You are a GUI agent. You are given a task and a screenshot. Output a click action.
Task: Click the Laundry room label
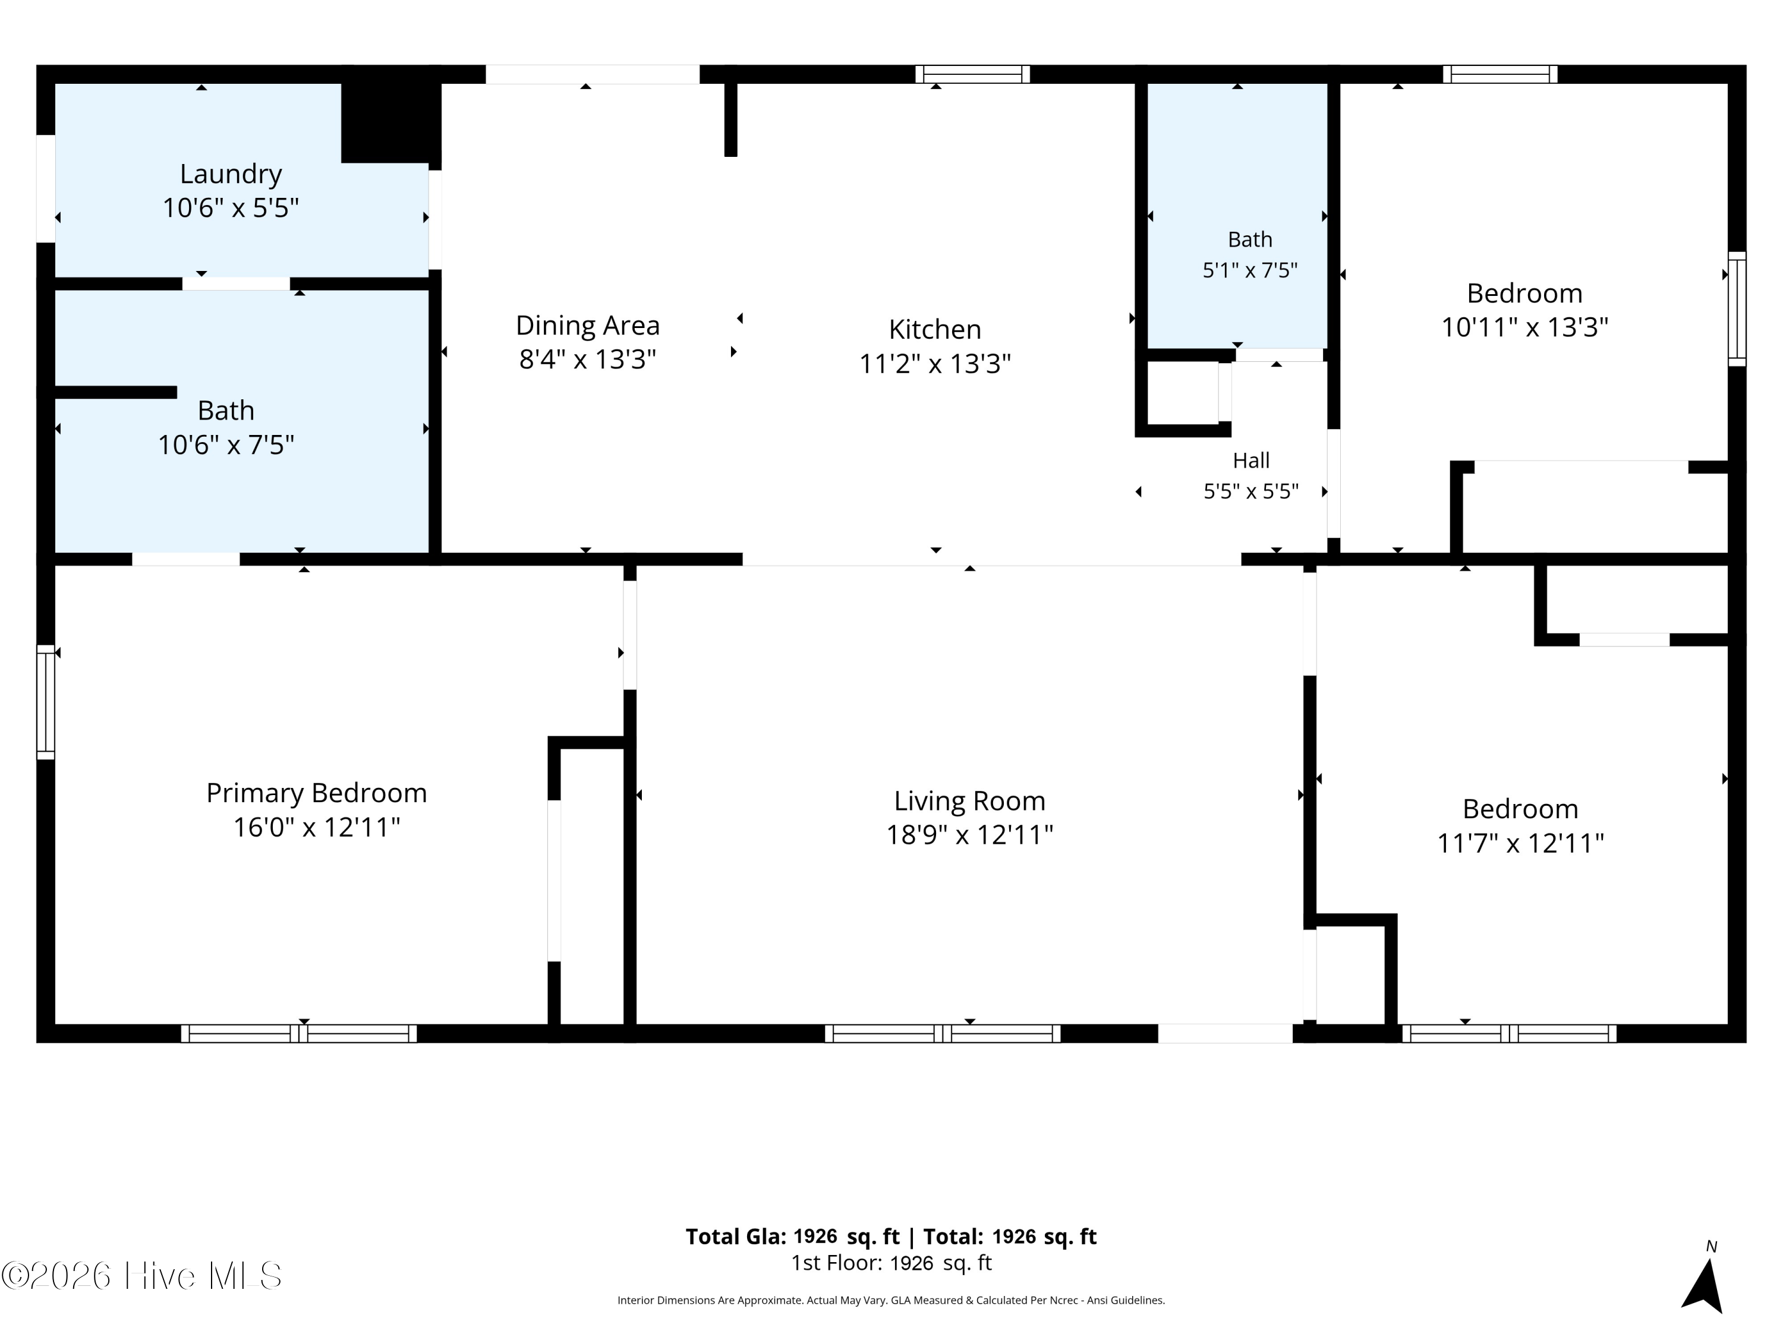(231, 174)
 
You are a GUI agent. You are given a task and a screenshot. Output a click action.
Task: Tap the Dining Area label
(588, 326)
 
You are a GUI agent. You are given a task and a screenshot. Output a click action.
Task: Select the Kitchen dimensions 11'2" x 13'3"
(935, 364)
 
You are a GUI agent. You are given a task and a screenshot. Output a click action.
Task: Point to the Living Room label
(970, 801)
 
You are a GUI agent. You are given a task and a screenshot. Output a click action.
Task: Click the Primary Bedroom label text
(317, 793)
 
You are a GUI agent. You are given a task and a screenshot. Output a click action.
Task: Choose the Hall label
(1251, 461)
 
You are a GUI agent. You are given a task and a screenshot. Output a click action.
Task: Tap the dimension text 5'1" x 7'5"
(1250, 270)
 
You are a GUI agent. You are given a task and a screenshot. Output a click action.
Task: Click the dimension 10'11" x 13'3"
(1525, 327)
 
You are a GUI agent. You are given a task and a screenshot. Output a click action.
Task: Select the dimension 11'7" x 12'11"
(1521, 843)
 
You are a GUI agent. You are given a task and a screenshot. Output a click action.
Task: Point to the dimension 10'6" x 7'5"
(226, 445)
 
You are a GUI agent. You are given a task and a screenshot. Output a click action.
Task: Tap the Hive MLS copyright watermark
(142, 1276)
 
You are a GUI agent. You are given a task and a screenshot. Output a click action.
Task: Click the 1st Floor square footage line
(892, 1263)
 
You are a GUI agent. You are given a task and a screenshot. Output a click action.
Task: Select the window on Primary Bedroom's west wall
(46, 702)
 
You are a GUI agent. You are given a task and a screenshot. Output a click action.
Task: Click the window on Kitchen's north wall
(973, 74)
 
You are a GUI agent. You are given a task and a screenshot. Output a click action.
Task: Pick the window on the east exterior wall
(1737, 308)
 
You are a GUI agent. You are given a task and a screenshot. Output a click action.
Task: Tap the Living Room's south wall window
(942, 1033)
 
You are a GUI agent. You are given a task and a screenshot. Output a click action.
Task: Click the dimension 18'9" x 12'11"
(970, 835)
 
